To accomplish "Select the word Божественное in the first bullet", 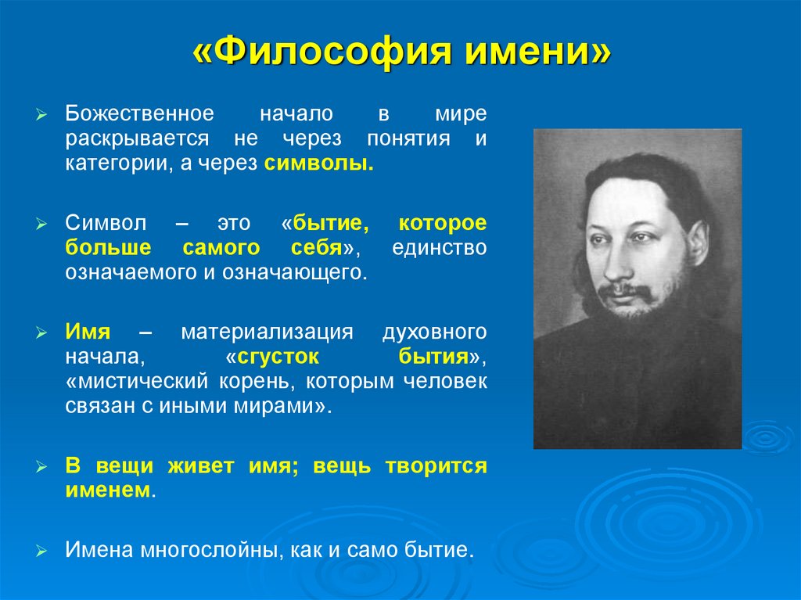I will coord(140,113).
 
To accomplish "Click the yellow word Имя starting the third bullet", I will coord(88,331).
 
